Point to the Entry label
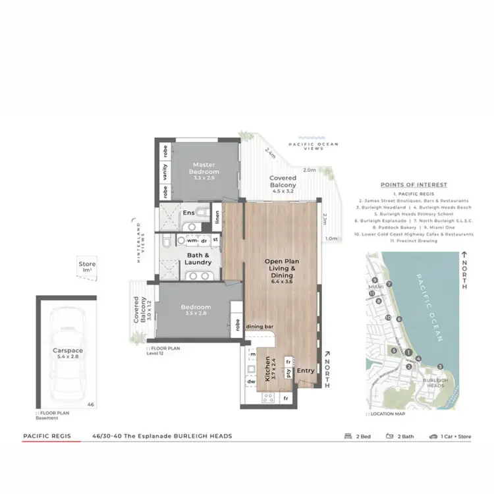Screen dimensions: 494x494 [306, 371]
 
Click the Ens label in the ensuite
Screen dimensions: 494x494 [188, 213]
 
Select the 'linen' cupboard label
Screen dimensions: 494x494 [216, 217]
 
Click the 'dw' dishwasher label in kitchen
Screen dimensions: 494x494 [250, 381]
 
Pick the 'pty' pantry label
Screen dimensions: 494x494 [288, 373]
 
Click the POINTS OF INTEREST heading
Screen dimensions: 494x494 [414, 185]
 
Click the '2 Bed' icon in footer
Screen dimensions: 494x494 [348, 436]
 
